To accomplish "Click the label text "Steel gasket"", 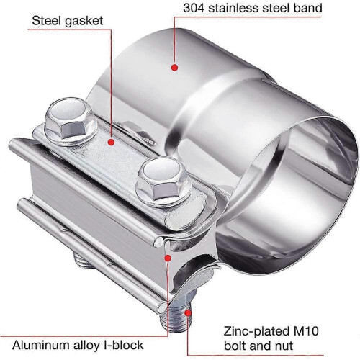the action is [68, 21].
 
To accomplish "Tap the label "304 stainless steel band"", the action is [253, 8].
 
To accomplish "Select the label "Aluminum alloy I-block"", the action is [78, 345].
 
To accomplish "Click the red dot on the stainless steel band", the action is [174, 68].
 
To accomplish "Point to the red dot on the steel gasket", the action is [111, 143].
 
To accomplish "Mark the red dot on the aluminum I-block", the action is [168, 258].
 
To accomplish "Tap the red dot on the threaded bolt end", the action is [188, 312].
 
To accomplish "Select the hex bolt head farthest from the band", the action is [71, 122].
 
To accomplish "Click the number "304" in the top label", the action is [194, 8].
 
